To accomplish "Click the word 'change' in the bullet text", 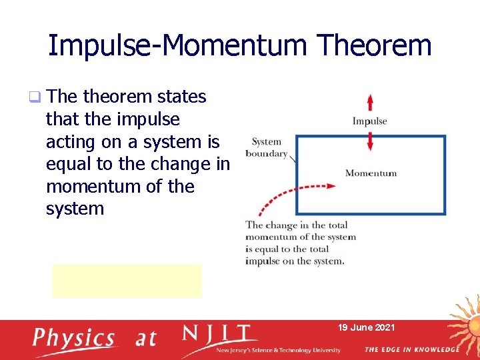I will [x=183, y=164].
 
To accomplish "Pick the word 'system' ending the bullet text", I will [x=75, y=209].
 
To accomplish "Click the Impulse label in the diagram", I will [x=369, y=121].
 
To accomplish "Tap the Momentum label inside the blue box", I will [x=371, y=173].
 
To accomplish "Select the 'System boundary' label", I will [x=266, y=147].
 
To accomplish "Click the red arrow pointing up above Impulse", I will [x=370, y=102].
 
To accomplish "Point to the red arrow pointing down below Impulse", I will [x=370, y=141].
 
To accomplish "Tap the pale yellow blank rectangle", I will [x=127, y=281].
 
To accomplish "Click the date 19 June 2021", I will [x=366, y=327].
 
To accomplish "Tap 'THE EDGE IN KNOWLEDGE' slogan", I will [x=411, y=349].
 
